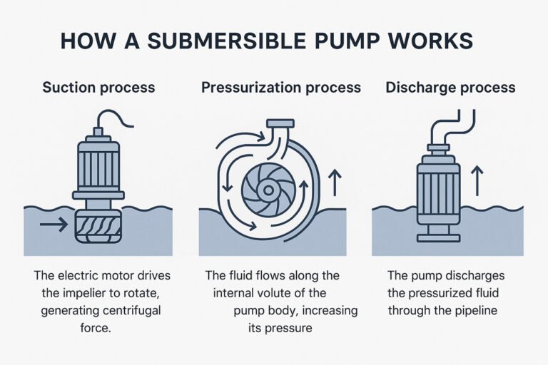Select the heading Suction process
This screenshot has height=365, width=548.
pyautogui.click(x=98, y=88)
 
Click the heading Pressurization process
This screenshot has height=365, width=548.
pyautogui.click(x=280, y=88)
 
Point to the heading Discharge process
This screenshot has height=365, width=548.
pyautogui.click(x=450, y=88)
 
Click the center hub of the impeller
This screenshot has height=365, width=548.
pyautogui.click(x=267, y=190)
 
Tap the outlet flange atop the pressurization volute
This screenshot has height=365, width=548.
pyautogui.click(x=279, y=124)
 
